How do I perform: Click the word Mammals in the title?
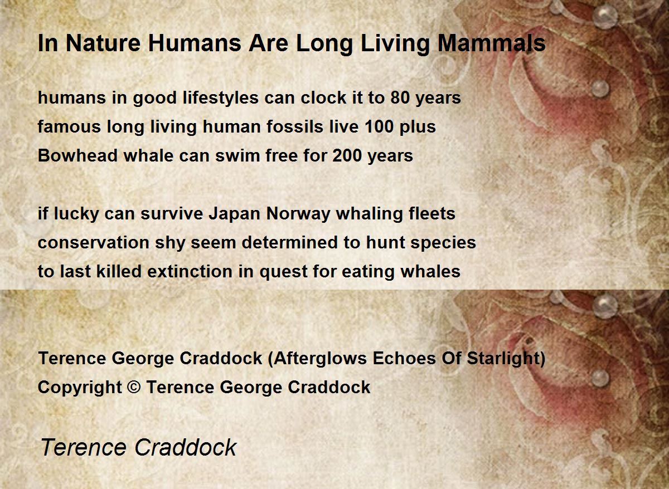(492, 43)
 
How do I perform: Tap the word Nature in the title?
(103, 43)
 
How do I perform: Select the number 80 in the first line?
(400, 97)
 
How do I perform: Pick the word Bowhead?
(77, 155)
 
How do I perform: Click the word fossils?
(295, 126)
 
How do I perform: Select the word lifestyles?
(221, 98)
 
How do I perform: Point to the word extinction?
(190, 271)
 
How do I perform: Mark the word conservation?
(94, 243)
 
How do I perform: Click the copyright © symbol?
(134, 387)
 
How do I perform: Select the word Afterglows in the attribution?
(320, 358)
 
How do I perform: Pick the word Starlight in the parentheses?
(504, 358)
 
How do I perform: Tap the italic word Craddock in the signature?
(186, 447)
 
